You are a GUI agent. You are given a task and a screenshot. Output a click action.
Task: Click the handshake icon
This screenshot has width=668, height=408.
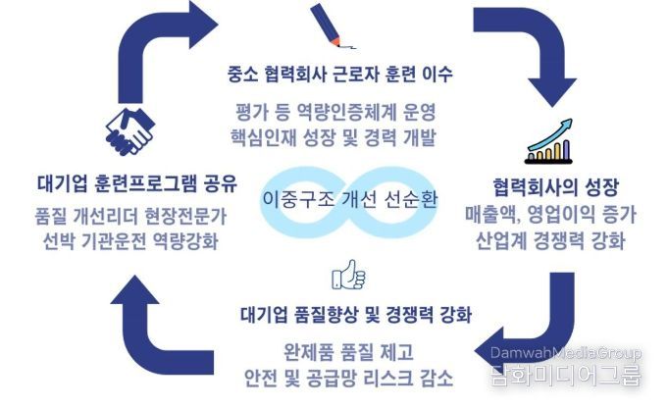(129, 131)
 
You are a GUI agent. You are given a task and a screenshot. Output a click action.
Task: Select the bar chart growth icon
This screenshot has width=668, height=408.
(548, 141)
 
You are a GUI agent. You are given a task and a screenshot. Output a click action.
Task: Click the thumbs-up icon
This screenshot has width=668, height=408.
(348, 276)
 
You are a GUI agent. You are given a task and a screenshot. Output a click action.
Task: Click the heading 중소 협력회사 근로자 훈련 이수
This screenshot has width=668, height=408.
(339, 75)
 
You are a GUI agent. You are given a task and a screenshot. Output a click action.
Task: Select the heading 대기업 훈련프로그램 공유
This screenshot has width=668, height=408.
(137, 183)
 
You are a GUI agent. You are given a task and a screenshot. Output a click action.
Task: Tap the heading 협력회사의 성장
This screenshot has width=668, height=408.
(555, 187)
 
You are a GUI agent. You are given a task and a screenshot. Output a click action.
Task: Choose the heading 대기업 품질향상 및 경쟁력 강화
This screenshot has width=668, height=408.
(356, 315)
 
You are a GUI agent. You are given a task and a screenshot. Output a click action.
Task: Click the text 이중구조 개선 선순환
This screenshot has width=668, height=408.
(349, 199)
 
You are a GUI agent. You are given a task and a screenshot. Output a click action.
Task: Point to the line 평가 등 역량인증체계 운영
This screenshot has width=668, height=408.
(335, 113)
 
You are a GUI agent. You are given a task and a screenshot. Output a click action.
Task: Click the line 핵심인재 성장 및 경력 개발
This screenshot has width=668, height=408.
(334, 137)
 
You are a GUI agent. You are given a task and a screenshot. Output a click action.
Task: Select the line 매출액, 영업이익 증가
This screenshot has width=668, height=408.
(550, 215)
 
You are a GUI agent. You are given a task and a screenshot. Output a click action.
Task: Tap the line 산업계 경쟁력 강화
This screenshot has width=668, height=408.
(550, 240)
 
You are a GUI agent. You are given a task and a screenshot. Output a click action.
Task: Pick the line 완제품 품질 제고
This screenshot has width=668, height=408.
(348, 352)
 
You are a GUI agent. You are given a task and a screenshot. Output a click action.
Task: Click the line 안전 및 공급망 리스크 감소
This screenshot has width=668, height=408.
(348, 378)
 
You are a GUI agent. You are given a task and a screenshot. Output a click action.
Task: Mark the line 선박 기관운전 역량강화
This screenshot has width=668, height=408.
(130, 241)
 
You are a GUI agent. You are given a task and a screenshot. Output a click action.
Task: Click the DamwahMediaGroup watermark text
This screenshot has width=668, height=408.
(566, 353)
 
